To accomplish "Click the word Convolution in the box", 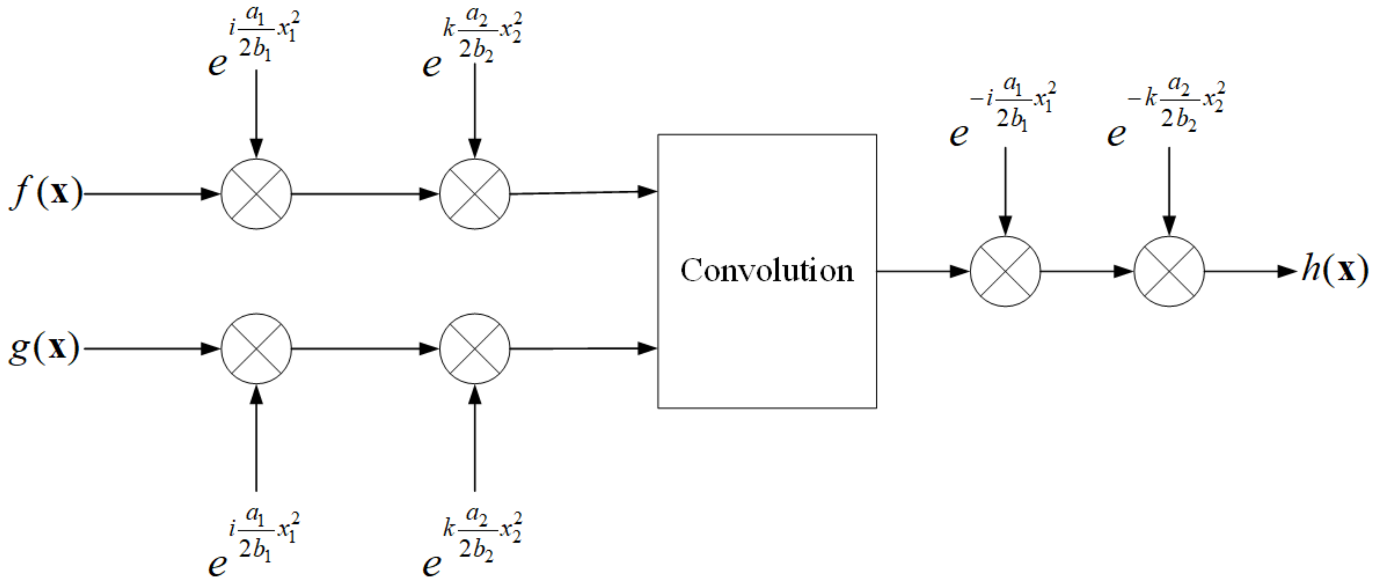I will pyautogui.click(x=767, y=271).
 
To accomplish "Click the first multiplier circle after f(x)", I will pyautogui.click(x=257, y=194).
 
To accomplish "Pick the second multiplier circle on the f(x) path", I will pyautogui.click(x=475, y=194).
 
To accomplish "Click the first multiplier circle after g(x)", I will pyautogui.click(x=257, y=348).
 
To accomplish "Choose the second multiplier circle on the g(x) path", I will pyautogui.click(x=475, y=348).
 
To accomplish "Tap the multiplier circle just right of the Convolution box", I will pyautogui.click(x=1005, y=271).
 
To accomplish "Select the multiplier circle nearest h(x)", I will pyautogui.click(x=1169, y=271).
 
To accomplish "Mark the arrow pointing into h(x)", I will pyautogui.click(x=1250, y=271).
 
